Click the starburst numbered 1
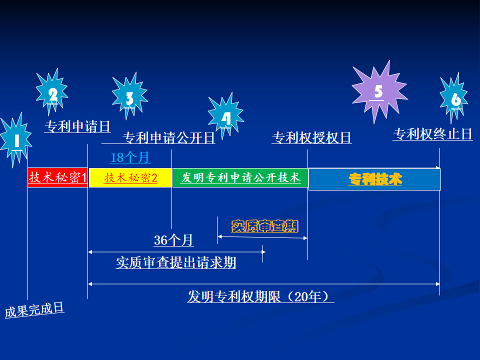coord(16,140)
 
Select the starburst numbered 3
coord(129,97)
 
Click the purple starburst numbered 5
coord(378,91)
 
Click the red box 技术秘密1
coord(58,177)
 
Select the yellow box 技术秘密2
coord(130,177)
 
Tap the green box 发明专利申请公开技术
coord(240,177)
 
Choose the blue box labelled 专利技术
coord(374,179)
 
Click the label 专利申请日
coord(77,126)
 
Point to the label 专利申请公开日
coord(169,137)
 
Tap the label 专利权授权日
coord(311,137)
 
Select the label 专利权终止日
coord(432,134)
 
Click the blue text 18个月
coord(130,157)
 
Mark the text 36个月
coord(173,240)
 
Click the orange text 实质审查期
coord(264,226)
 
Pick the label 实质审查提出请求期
coord(176,262)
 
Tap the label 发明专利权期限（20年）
coord(260,296)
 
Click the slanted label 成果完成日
coord(35,310)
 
